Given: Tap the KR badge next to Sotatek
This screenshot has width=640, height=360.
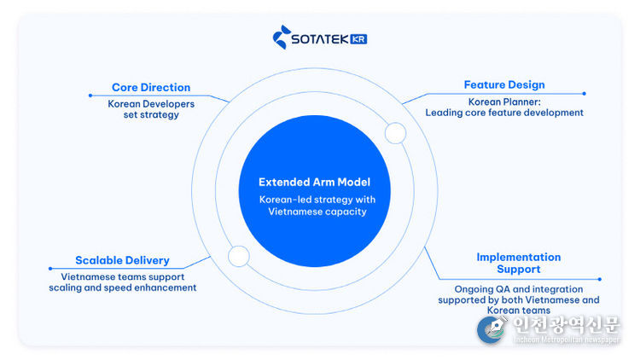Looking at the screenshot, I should click(x=358, y=38).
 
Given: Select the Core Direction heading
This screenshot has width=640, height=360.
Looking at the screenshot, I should click(x=151, y=88).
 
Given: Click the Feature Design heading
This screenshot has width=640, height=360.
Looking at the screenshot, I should click(x=504, y=85).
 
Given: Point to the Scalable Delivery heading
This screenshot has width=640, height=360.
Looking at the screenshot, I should click(x=122, y=260).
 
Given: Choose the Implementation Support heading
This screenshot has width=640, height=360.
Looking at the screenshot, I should click(x=518, y=263).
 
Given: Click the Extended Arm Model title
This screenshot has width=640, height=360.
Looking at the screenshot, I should click(x=314, y=183).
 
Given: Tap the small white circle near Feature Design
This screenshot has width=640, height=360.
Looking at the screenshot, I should click(x=395, y=132).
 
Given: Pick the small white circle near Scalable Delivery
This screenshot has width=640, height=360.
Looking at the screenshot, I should click(x=238, y=256).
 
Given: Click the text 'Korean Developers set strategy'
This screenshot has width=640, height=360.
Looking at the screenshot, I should click(x=151, y=109).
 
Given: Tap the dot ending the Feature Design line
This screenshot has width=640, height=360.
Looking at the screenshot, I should click(x=584, y=93).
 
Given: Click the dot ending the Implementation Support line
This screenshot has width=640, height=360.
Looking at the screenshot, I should click(x=600, y=278).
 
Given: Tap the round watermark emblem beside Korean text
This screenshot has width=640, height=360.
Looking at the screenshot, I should click(x=492, y=329).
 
